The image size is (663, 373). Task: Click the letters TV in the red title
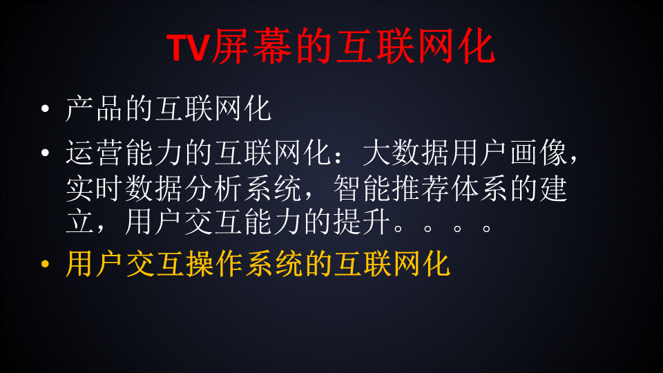[187, 48]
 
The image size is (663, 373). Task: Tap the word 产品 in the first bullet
[95, 108]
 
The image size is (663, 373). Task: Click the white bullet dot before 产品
[46, 109]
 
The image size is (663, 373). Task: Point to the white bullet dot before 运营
[46, 153]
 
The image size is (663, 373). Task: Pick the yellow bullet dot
[46, 265]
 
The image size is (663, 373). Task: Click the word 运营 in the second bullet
[95, 153]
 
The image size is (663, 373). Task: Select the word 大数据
[405, 153]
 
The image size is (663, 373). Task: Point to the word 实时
[95, 188]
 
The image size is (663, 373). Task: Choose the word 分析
[213, 188]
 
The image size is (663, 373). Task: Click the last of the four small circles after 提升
[486, 229]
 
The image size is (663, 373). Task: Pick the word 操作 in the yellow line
[213, 265]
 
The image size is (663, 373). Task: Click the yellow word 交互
[154, 265]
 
